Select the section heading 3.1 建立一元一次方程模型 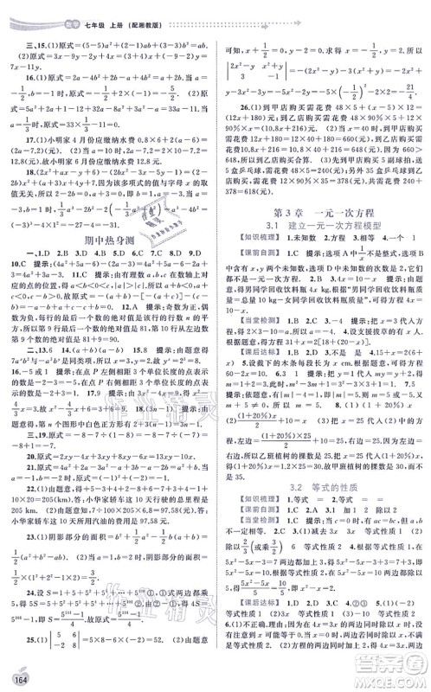[x=323, y=227]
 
